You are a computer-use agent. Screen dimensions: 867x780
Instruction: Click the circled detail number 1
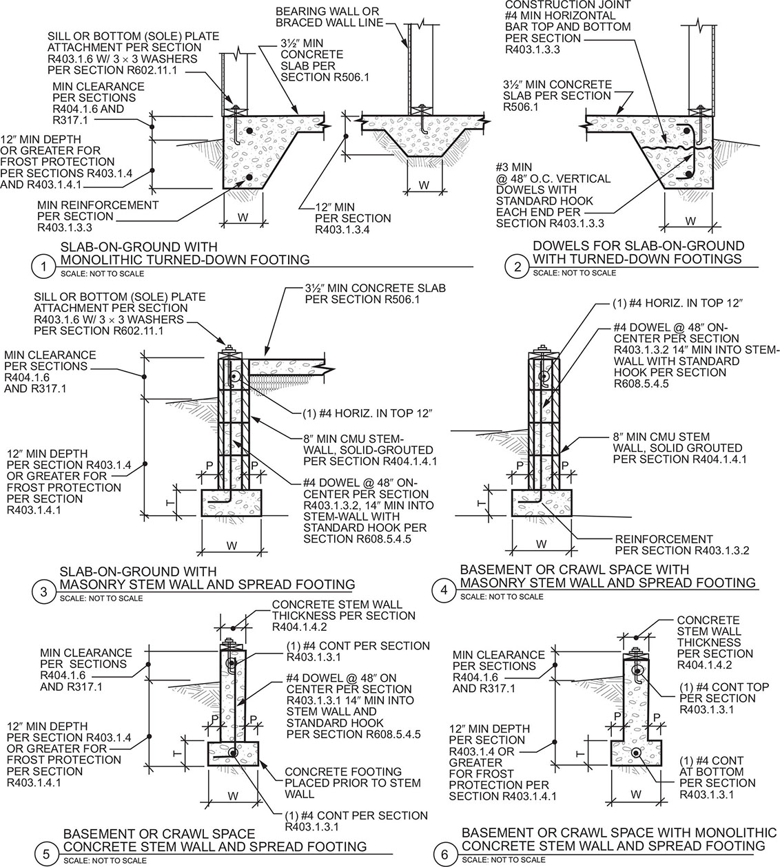point(43,266)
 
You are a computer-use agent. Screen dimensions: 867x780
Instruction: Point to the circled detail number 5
point(46,853)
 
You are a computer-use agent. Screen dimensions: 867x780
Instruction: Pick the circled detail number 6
point(444,854)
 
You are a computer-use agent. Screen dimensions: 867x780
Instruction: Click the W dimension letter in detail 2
point(690,221)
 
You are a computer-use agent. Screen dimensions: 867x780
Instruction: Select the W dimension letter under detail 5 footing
point(233,796)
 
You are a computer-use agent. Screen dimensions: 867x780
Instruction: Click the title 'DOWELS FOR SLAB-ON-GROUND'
point(639,246)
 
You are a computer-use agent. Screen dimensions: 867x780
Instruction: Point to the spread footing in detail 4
point(542,503)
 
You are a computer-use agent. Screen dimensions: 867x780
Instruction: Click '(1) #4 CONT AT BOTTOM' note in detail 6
point(717,772)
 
